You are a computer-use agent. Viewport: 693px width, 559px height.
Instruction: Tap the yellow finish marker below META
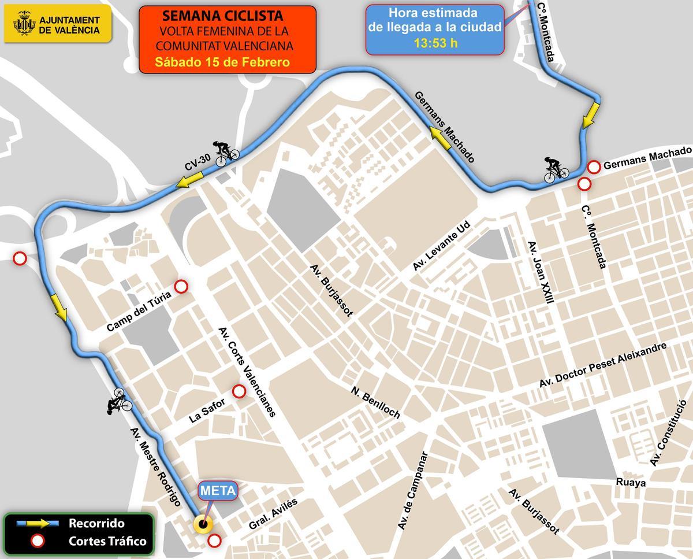click(x=203, y=525)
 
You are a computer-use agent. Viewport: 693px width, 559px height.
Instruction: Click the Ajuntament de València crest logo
click(x=24, y=24)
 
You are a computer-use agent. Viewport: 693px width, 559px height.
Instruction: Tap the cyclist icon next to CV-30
click(x=226, y=153)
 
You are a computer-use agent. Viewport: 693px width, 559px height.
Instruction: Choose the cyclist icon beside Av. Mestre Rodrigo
click(x=120, y=400)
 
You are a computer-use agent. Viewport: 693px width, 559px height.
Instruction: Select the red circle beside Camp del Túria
click(x=181, y=286)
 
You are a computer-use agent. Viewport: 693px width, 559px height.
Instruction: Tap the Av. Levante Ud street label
click(x=443, y=246)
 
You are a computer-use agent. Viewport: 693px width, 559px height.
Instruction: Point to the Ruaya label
click(x=631, y=482)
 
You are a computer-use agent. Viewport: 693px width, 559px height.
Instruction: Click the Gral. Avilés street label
click(x=273, y=514)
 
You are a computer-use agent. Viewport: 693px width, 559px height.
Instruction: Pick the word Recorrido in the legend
click(x=96, y=524)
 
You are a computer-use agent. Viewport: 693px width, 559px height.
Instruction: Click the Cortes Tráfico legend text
click(x=107, y=542)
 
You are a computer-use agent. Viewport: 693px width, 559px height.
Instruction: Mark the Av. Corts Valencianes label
click(x=247, y=372)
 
